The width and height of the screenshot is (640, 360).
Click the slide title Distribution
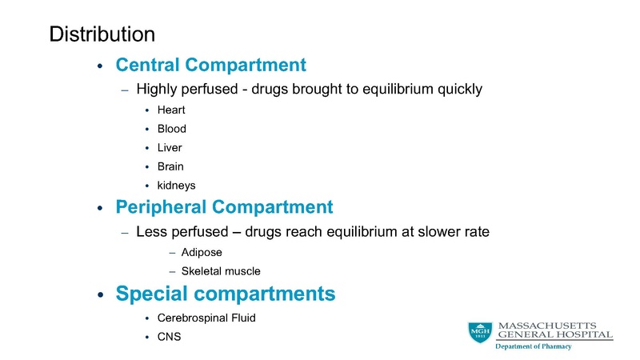[102, 34]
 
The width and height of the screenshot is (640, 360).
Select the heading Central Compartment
[211, 65]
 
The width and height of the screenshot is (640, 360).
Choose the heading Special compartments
[226, 294]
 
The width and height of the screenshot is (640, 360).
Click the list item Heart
[171, 109]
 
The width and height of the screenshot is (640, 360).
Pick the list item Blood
[172, 128]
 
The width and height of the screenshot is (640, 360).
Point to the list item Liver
[170, 147]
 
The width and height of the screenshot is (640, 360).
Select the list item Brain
[171, 166]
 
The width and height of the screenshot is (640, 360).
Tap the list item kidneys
[177, 186]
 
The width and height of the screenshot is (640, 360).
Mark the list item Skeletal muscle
[221, 271]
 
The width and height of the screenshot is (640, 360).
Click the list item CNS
[170, 337]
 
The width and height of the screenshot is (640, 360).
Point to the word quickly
[458, 89]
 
